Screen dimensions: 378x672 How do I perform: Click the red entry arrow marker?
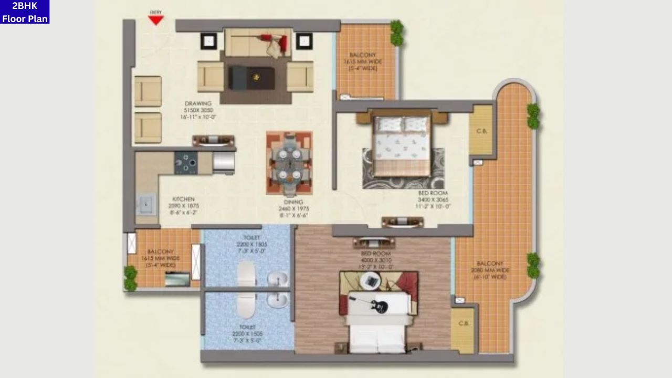(156, 20)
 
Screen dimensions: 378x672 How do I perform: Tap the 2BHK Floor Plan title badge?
(25, 12)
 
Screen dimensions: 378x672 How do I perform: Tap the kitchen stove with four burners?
(186, 163)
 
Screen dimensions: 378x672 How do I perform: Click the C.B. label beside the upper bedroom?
(481, 131)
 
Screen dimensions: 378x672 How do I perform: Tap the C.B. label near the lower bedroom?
(463, 323)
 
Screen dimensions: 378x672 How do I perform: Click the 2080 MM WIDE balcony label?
(490, 270)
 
